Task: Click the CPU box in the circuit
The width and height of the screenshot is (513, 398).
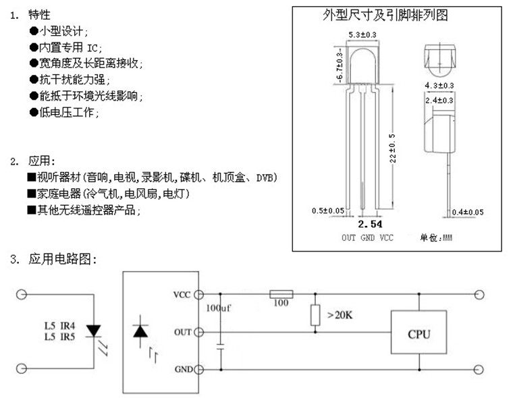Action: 418,333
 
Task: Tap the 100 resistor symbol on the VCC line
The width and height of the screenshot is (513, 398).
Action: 281,293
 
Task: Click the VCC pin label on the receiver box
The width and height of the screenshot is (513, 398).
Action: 182,295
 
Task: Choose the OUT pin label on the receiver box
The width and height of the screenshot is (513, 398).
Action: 182,332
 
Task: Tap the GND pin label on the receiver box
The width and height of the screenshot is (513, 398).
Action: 182,370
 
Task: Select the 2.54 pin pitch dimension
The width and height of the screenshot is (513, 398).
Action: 370,224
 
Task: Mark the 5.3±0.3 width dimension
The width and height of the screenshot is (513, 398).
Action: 362,34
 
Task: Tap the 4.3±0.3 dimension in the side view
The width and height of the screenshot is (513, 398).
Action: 439,86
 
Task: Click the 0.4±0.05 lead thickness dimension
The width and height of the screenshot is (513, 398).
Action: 468,212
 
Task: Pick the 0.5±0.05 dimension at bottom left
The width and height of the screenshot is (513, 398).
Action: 328,211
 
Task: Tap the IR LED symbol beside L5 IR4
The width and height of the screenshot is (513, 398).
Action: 94,331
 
